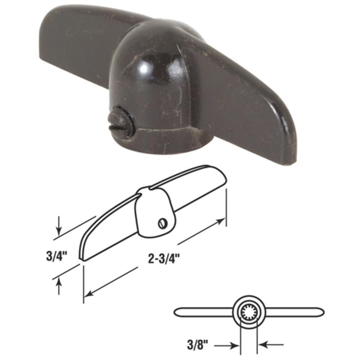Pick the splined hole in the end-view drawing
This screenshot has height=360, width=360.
point(248,311)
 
